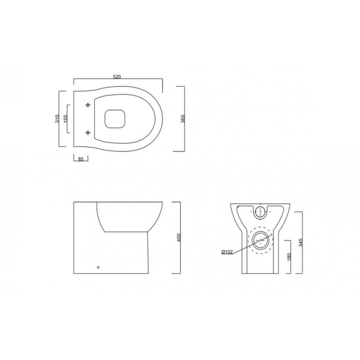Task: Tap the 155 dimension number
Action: (65, 119)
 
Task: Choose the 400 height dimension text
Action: (179, 238)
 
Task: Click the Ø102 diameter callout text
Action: (227, 252)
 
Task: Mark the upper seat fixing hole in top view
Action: (88, 105)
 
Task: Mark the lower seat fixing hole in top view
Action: (88, 132)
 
